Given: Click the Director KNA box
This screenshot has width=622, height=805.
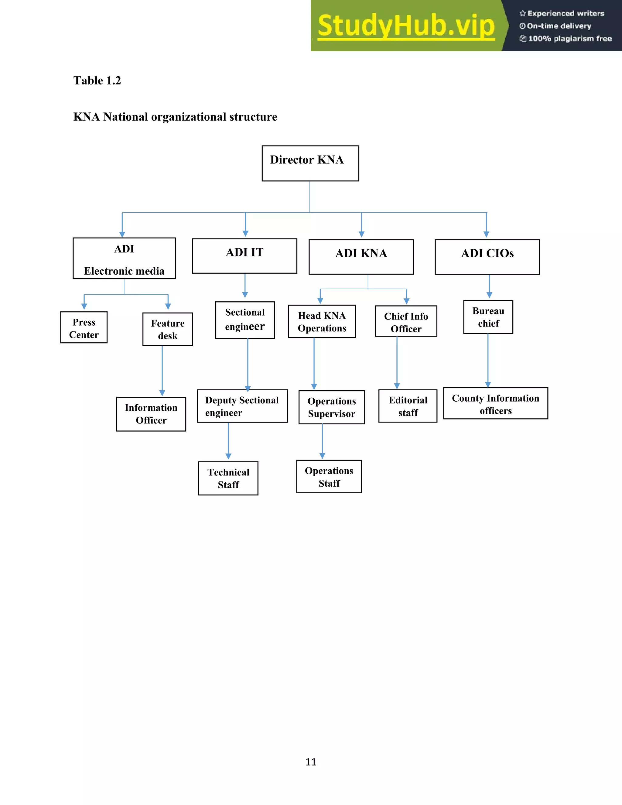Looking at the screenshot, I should coord(310,163).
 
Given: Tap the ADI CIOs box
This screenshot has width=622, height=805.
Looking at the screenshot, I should coord(487,257).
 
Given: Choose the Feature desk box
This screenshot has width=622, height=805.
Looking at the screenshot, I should coord(168,329).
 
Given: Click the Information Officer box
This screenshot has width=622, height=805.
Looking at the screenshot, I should coord(151,414).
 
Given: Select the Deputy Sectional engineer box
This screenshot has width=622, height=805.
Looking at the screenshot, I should coord(242,406).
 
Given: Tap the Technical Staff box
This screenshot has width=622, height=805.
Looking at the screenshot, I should coord(228,478).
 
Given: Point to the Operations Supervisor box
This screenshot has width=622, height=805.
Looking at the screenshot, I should coord(332,407).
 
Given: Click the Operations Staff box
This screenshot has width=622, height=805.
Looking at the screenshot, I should coord(329,477).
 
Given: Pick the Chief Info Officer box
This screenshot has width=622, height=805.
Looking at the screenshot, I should coord(406,321).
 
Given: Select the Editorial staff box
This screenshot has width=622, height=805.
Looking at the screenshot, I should coord(408,406).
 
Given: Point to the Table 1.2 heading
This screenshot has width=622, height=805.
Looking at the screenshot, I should coord(97,81).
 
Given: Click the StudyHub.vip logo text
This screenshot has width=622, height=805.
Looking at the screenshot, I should coord(406,26).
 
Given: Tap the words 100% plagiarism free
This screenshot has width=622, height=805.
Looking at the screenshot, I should coord(569,39).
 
